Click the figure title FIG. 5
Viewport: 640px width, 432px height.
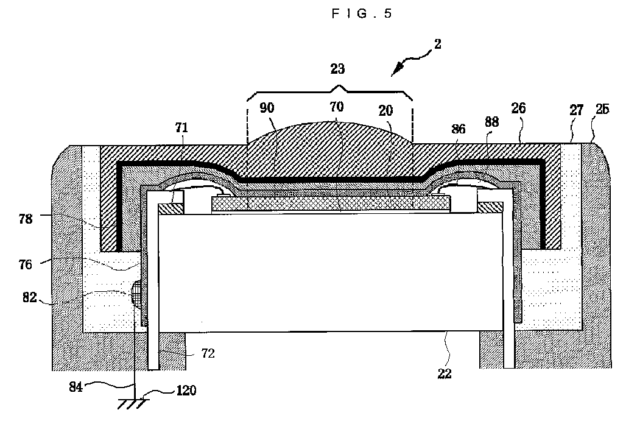(362, 15)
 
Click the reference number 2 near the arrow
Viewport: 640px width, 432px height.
(438, 44)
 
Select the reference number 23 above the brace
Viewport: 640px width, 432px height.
(337, 69)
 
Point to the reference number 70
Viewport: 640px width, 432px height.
(337, 107)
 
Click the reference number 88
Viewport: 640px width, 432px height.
(491, 122)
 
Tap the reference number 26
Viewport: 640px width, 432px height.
(519, 110)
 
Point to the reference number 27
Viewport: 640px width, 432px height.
(577, 110)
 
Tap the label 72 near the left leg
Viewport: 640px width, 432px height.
(208, 353)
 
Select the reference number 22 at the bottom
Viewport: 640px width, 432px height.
(445, 374)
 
